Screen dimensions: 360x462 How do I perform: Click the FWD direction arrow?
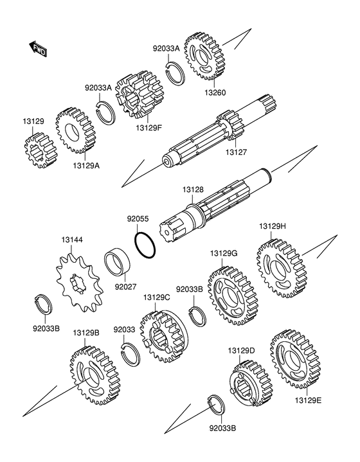pyautogui.click(x=37, y=49)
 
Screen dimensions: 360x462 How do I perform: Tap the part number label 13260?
pyautogui.click(x=215, y=93)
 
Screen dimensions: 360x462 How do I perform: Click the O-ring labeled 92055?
pyautogui.click(x=145, y=245)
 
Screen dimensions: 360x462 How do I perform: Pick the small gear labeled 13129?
pyautogui.click(x=40, y=150)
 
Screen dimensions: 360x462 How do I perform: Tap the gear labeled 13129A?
pyautogui.click(x=76, y=130)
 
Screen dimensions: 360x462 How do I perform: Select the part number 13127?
pyautogui.click(x=236, y=152)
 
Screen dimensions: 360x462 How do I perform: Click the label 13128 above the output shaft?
pyautogui.click(x=193, y=190)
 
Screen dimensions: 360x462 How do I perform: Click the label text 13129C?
pyautogui.click(x=157, y=298)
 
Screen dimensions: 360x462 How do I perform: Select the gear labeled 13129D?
pyautogui.click(x=251, y=384)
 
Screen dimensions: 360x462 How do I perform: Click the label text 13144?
pyautogui.click(x=72, y=240)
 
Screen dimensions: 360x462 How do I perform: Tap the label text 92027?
pyautogui.click(x=125, y=287)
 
